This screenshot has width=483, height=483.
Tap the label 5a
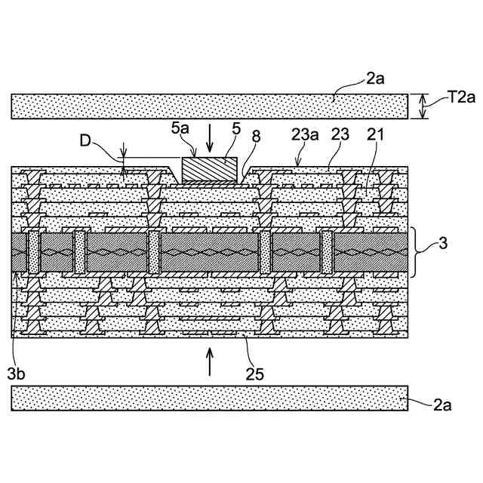180,129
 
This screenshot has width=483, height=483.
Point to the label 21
376,136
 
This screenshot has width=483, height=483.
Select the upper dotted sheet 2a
210,106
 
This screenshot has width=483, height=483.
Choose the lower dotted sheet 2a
210,398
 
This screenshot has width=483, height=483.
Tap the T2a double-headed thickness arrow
423,106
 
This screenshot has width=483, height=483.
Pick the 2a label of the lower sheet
442,406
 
